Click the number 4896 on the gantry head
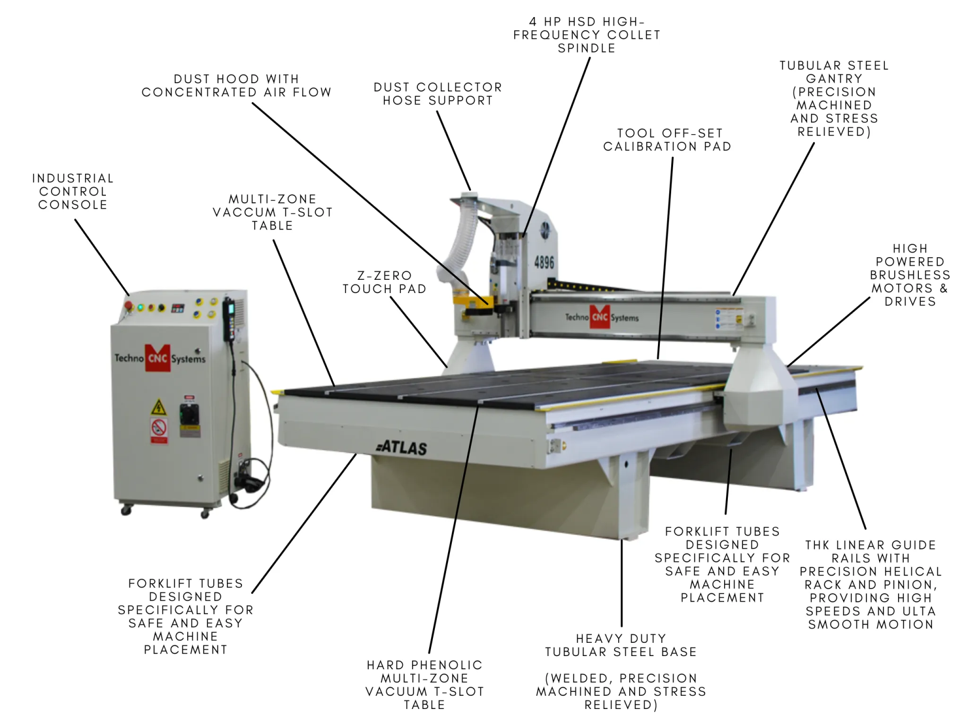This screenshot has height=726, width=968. (x=544, y=262)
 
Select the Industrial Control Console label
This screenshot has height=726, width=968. (x=73, y=191)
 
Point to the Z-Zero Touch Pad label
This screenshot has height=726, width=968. (x=384, y=282)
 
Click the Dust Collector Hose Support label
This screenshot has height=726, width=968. (x=438, y=94)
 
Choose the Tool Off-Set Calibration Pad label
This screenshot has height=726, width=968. (x=667, y=140)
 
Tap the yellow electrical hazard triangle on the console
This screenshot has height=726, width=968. (x=158, y=407)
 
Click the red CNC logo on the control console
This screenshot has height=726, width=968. (x=157, y=358)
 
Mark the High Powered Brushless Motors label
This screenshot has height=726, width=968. (x=910, y=275)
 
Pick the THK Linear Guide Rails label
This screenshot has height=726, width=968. (x=871, y=584)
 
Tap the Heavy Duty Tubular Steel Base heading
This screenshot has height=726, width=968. (x=621, y=645)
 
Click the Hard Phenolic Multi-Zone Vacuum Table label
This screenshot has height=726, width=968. (x=424, y=684)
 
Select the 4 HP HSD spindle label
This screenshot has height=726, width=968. (x=587, y=35)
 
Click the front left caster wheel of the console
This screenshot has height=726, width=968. (x=126, y=510)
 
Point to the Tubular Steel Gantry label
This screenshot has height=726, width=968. (x=834, y=98)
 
